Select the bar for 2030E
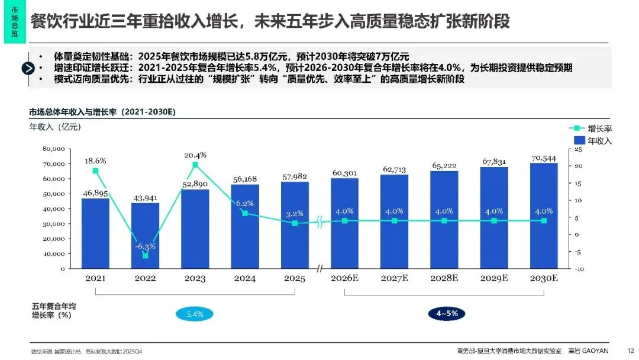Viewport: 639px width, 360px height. (544, 216)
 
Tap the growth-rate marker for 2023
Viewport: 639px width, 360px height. (195, 165)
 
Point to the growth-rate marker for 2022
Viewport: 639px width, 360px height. (145, 255)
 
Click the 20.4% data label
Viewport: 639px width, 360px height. (195, 155)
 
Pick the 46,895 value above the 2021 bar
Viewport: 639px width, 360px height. (95, 193)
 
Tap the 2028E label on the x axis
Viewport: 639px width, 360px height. (444, 278)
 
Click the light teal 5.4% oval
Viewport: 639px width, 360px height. (195, 314)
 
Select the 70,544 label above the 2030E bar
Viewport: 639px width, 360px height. (544, 158)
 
